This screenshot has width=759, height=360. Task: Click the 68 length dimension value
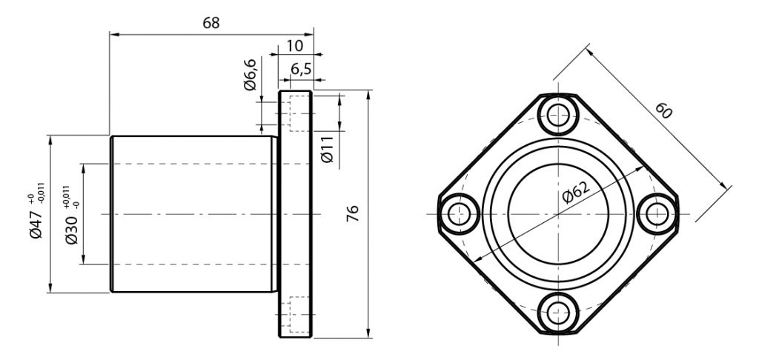(x=211, y=23)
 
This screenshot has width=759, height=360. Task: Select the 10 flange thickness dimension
(x=294, y=45)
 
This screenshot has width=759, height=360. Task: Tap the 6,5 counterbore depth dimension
(x=301, y=70)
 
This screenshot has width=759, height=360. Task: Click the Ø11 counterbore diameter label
(x=327, y=149)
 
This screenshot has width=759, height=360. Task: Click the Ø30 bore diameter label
(x=70, y=230)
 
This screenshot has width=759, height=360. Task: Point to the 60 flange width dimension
(x=663, y=111)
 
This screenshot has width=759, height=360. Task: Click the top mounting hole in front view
(x=559, y=115)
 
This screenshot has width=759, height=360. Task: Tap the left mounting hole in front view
(x=458, y=214)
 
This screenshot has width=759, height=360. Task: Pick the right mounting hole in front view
(x=657, y=214)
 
